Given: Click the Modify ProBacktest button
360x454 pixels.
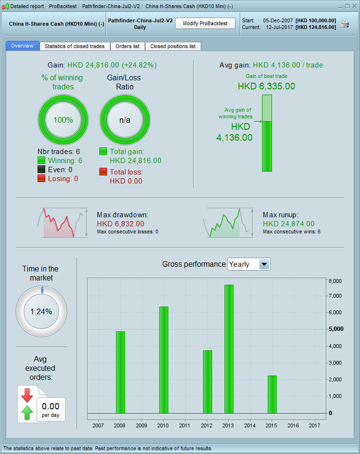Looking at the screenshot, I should (x=205, y=23).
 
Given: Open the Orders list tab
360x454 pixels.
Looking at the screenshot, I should (x=127, y=46).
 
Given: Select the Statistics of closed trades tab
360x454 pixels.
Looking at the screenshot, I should (x=75, y=46).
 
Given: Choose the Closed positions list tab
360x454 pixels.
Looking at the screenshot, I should (x=173, y=46).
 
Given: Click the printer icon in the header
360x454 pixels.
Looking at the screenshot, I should (x=345, y=24).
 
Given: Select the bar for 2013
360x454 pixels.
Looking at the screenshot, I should (x=229, y=349).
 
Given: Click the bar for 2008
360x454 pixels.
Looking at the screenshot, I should (x=120, y=372).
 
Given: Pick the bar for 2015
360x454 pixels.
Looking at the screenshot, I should (x=272, y=395).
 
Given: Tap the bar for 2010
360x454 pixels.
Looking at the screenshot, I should (x=164, y=360).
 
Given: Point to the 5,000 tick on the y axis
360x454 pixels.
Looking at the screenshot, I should (x=336, y=329).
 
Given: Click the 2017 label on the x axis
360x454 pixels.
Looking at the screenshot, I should (x=315, y=425).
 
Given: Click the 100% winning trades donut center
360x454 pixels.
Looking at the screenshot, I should (x=63, y=120).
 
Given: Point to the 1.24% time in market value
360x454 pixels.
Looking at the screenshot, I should (x=41, y=312).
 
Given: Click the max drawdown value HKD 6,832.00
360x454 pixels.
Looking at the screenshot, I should (x=120, y=223).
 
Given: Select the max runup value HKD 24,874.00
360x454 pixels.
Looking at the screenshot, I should (x=288, y=223).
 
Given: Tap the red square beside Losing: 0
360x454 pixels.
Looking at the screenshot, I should (x=41, y=178).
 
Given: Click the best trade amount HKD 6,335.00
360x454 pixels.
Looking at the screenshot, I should (x=266, y=86).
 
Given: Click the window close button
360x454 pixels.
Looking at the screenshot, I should (x=354, y=6).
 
